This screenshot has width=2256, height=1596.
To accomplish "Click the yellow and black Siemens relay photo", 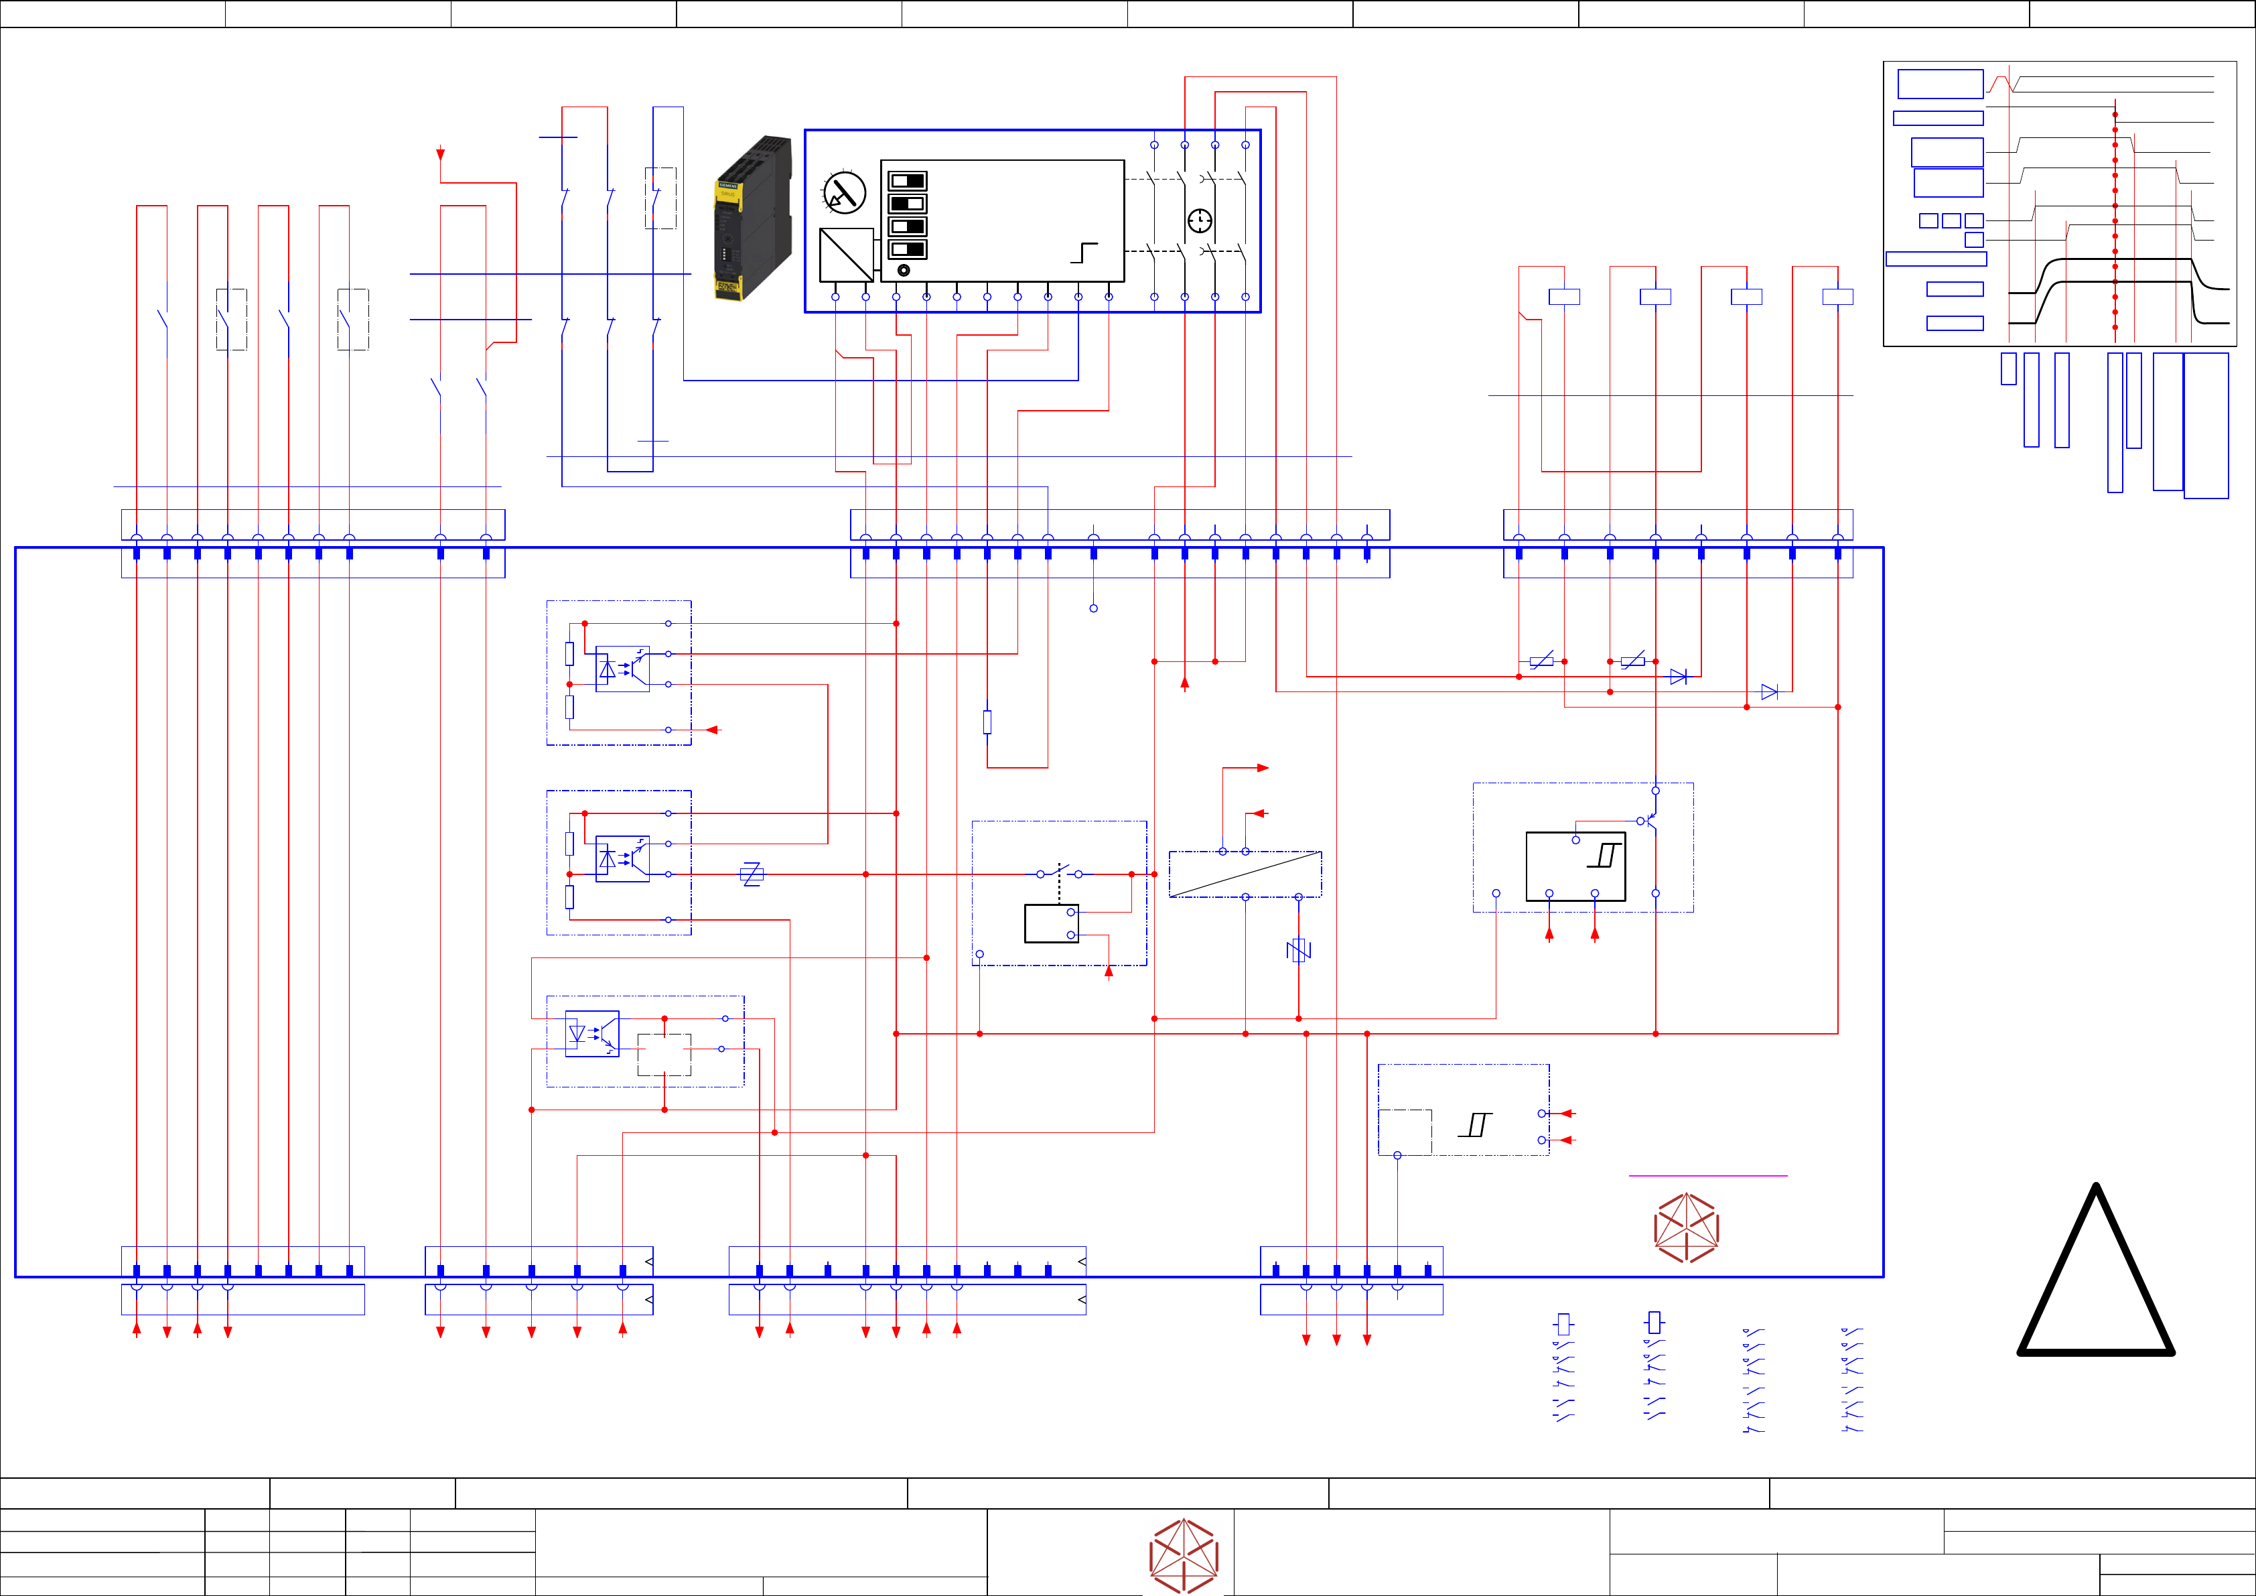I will (x=754, y=218).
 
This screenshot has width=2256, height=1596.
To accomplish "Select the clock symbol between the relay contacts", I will (x=1200, y=221).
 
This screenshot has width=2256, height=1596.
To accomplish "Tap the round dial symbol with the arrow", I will (x=844, y=192).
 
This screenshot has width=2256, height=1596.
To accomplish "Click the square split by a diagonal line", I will (x=846, y=255).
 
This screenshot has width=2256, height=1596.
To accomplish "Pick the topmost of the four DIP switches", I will (x=907, y=181).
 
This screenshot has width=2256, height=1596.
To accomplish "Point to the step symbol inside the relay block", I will (x=1084, y=253).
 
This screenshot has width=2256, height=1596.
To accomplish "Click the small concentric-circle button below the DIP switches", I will (x=904, y=270).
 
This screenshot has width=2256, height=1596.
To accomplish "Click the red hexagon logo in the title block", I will (x=1184, y=1556).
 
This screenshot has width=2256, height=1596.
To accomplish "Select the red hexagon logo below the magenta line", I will (x=1686, y=1227).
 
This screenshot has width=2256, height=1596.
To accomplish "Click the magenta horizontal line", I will (x=1707, y=1175).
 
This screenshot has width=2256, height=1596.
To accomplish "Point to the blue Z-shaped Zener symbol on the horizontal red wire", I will (x=752, y=874).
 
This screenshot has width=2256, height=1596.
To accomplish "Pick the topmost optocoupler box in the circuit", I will (x=622, y=668).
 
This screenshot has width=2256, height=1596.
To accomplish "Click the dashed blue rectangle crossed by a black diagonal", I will (x=1245, y=874).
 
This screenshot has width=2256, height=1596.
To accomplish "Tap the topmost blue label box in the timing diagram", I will (x=1940, y=84).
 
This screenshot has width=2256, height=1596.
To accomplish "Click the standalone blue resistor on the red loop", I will (x=987, y=722).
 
